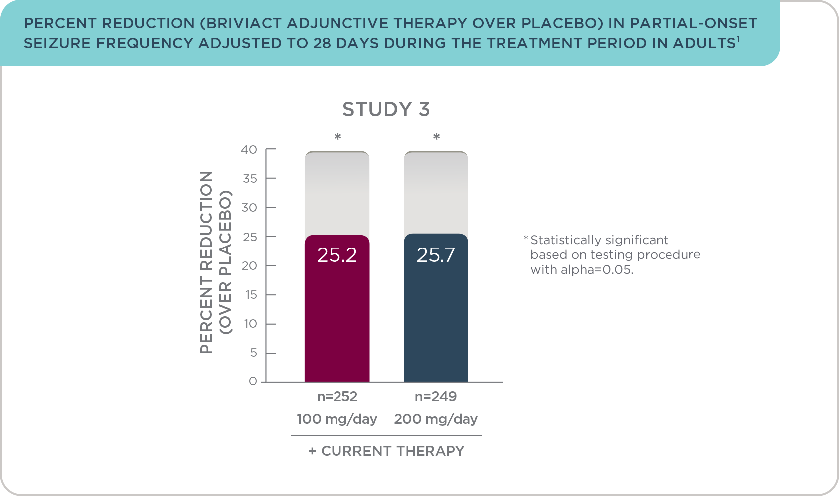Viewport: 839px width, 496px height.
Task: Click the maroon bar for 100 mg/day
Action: [x=337, y=308]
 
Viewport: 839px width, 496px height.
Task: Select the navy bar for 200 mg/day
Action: [x=436, y=307]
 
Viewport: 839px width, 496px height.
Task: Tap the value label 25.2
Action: [x=336, y=255]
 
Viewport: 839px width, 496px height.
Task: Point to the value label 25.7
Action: [x=436, y=255]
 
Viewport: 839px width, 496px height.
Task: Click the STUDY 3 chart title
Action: [x=386, y=109]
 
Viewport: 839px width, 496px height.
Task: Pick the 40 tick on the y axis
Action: [x=249, y=149]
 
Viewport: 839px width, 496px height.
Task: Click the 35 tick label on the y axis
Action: [x=250, y=179]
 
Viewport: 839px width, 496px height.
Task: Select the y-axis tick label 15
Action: [x=251, y=295]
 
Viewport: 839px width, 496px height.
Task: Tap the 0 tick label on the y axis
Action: [x=253, y=381]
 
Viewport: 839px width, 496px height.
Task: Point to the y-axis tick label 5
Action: [x=254, y=353]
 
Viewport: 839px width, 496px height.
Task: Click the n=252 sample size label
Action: [x=337, y=396]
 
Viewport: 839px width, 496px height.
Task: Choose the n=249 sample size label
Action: [x=436, y=396]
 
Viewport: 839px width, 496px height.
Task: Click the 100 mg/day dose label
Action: [x=336, y=419]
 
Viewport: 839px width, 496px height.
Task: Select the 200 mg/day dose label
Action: [x=436, y=419]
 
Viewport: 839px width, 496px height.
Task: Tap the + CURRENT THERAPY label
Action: [x=386, y=451]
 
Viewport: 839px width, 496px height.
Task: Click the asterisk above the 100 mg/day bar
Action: [x=338, y=136]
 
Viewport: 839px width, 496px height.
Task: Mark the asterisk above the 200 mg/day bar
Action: [x=436, y=136]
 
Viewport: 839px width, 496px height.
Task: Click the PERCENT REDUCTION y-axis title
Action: [x=206, y=262]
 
